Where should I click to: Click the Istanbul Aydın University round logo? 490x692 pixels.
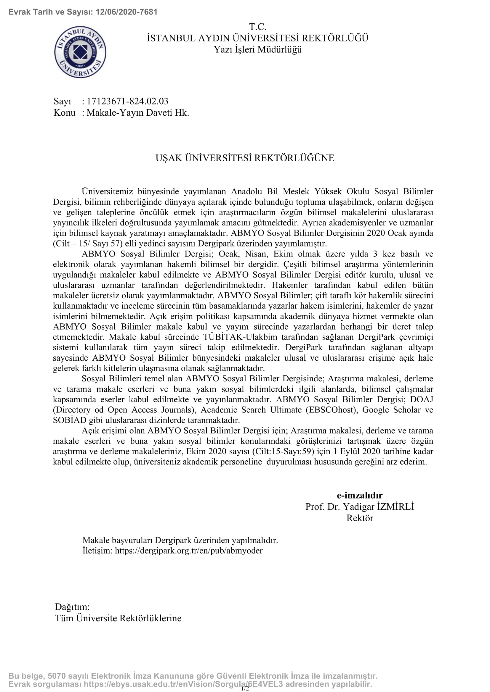tap(80, 52)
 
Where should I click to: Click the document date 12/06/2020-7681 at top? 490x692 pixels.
tap(126, 12)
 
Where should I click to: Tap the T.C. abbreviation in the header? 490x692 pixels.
tap(257, 27)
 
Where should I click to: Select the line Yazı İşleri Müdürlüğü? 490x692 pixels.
tap(258, 49)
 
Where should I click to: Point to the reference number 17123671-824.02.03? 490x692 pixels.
tap(127, 101)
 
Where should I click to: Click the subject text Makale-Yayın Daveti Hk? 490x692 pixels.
tap(137, 113)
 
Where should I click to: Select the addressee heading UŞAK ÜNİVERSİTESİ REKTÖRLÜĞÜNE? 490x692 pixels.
tap(245, 158)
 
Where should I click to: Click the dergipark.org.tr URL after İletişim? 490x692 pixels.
tap(189, 550)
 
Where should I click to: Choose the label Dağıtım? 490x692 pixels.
tap(72, 606)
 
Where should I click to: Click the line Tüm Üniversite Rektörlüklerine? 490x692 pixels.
tap(118, 618)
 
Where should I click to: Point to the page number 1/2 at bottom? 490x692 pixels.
tap(245, 688)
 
